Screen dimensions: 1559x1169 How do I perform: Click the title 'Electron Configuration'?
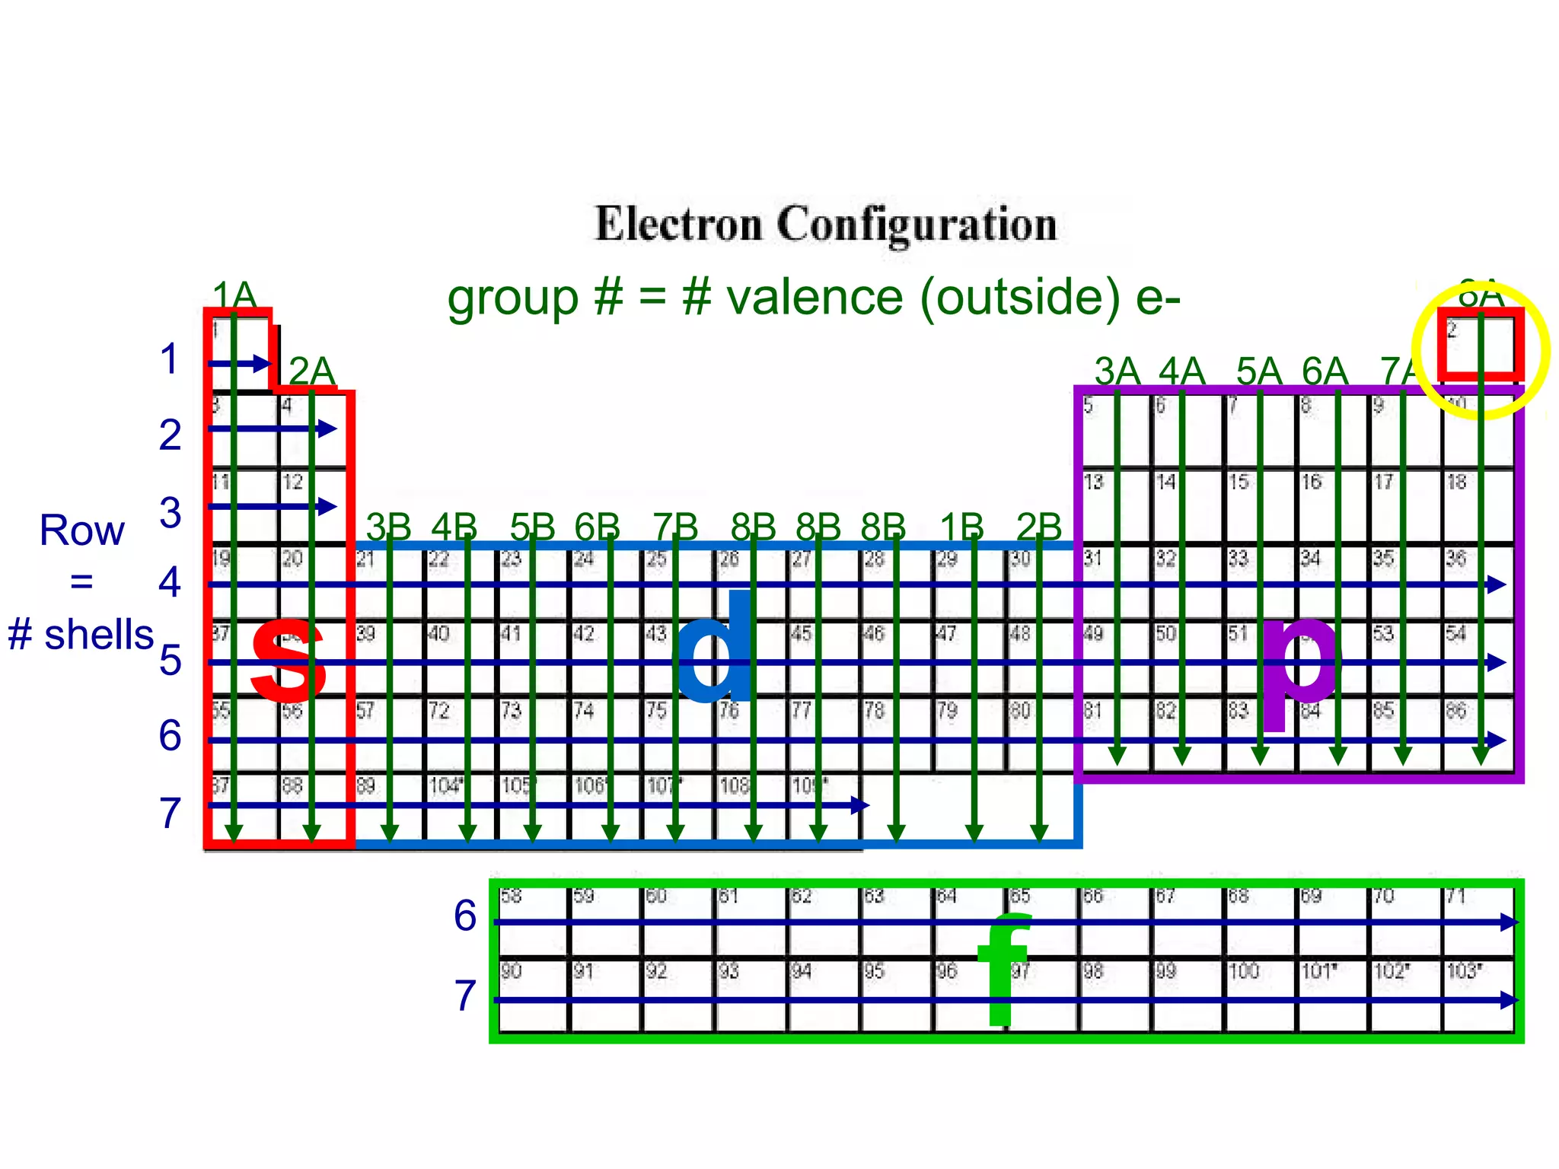coord(825,224)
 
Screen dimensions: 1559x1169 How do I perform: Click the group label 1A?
coord(234,295)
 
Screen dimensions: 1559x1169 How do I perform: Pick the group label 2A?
coord(312,371)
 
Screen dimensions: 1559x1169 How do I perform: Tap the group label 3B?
coord(388,527)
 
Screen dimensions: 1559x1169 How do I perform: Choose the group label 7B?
coord(675,527)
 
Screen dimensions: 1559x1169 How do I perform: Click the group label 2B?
coord(1039,527)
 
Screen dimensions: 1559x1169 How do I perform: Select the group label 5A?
coord(1259,371)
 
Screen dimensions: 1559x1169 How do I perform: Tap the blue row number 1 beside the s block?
coord(169,359)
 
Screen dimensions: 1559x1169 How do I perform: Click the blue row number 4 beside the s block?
coord(169,582)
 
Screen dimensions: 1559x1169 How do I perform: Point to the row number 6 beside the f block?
coord(465,916)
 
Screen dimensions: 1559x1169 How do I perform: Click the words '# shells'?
coord(81,635)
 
